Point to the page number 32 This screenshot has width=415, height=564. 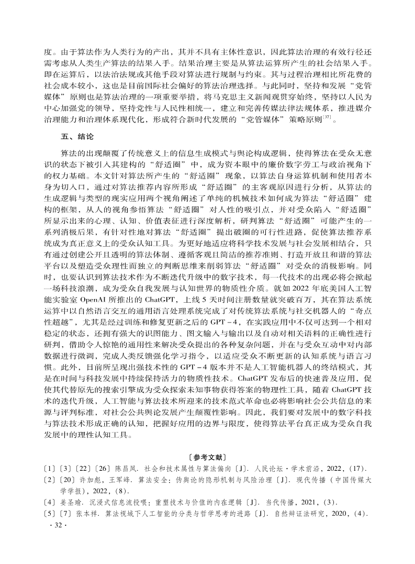coord(54,537)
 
